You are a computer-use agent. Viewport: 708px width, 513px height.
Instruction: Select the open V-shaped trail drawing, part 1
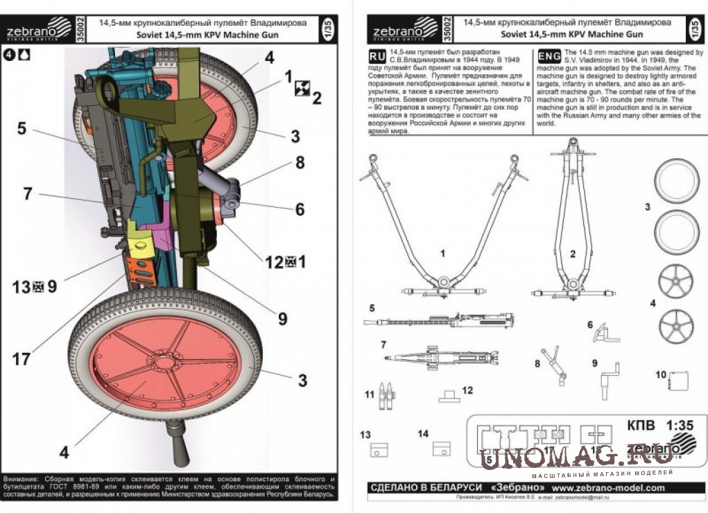pyautogui.click(x=442, y=229)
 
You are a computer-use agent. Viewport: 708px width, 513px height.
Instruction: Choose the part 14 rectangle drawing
pyautogui.click(x=442, y=449)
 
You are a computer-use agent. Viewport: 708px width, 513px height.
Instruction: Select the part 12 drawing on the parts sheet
pyautogui.click(x=449, y=397)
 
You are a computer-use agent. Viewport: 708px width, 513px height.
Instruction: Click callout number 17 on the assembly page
pyautogui.click(x=21, y=359)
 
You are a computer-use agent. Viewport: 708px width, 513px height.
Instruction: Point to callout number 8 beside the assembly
pyautogui.click(x=300, y=163)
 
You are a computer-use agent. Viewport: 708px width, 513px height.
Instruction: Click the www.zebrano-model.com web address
pyautogui.click(x=608, y=488)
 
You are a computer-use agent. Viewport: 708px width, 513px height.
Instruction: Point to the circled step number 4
pyautogui.click(x=9, y=53)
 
